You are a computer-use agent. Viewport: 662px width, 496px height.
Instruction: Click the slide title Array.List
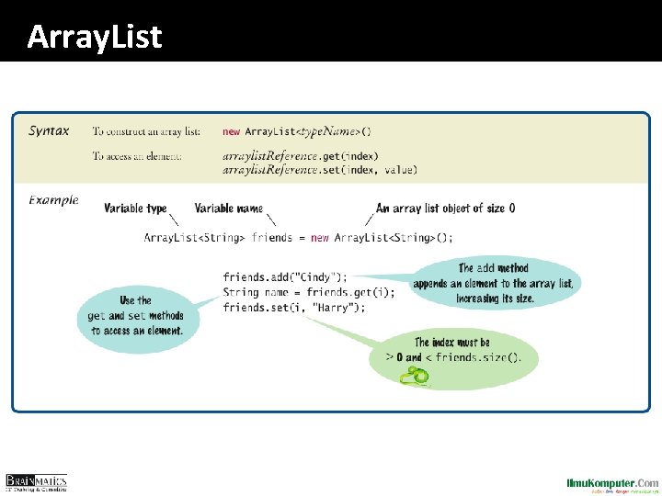pyautogui.click(x=95, y=37)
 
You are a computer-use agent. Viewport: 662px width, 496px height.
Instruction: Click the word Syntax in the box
pyautogui.click(x=49, y=130)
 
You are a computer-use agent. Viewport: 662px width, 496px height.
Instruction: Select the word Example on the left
pyautogui.click(x=53, y=199)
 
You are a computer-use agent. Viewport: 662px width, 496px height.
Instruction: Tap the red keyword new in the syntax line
pyautogui.click(x=231, y=131)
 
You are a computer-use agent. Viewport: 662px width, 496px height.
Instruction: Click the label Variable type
pyautogui.click(x=135, y=209)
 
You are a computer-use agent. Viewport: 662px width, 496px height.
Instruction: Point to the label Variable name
pyautogui.click(x=228, y=209)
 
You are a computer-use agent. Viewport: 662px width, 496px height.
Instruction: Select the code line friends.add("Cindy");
pyautogui.click(x=285, y=276)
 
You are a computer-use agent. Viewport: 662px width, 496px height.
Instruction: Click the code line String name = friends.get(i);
pyautogui.click(x=309, y=292)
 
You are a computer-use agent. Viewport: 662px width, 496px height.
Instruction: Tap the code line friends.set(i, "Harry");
pyautogui.click(x=294, y=307)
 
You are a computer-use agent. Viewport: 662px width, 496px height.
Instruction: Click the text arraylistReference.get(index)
pyautogui.click(x=300, y=156)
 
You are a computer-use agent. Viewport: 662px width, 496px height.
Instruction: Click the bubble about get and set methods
pyautogui.click(x=137, y=316)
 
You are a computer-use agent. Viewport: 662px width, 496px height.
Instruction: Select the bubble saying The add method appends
pyautogui.click(x=493, y=283)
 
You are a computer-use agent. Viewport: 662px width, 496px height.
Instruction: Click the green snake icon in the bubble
pyautogui.click(x=415, y=375)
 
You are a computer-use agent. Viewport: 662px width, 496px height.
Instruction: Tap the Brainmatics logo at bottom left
pyautogui.click(x=36, y=483)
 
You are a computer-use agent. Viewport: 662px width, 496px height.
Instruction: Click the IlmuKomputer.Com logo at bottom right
pyautogui.click(x=612, y=483)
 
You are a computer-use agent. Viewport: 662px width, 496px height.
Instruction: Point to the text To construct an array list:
pyautogui.click(x=146, y=131)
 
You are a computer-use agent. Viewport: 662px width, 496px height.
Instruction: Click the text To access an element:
pyautogui.click(x=137, y=156)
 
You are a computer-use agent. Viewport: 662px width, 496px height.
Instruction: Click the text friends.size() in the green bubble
pyautogui.click(x=478, y=357)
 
